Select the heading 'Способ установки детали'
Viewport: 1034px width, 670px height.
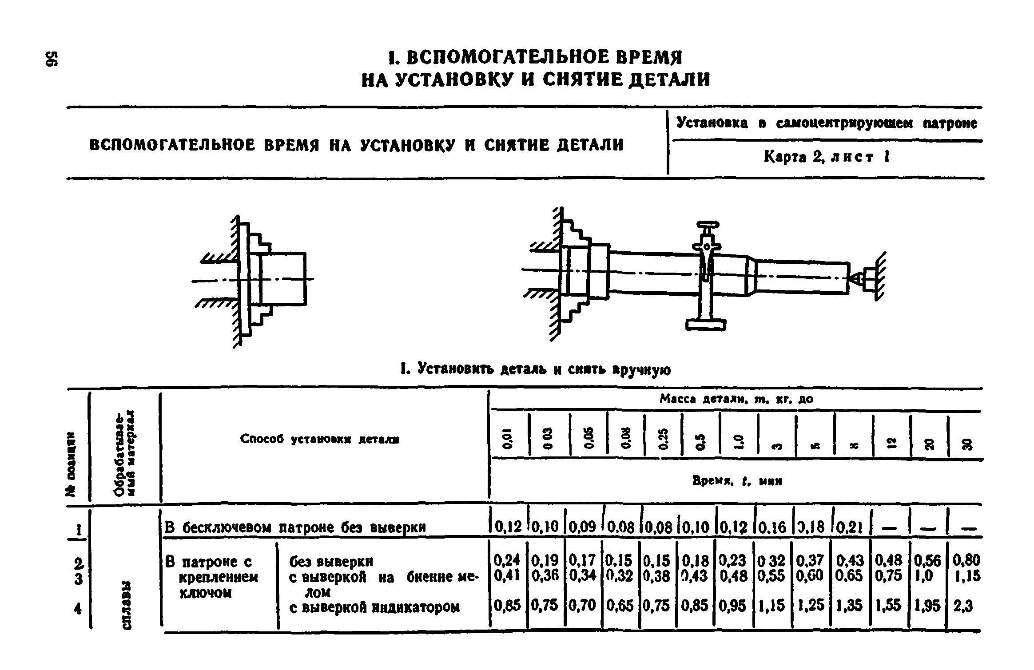pos(319,440)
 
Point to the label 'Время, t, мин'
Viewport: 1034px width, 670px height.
pos(737,481)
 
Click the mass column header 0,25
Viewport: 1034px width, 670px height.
pos(663,440)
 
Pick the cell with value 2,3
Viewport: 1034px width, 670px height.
pos(963,606)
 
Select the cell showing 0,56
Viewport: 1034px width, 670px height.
pos(927,561)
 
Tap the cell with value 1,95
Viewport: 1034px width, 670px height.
pos(927,606)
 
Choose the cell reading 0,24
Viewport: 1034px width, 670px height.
pos(507,560)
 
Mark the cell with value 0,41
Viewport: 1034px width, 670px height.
pos(507,576)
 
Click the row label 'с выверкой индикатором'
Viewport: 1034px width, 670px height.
pos(374,607)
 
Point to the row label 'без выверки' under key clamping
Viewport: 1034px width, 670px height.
pos(331,562)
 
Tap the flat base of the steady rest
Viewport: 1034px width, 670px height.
pos(705,325)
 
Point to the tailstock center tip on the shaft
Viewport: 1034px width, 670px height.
pos(854,279)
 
